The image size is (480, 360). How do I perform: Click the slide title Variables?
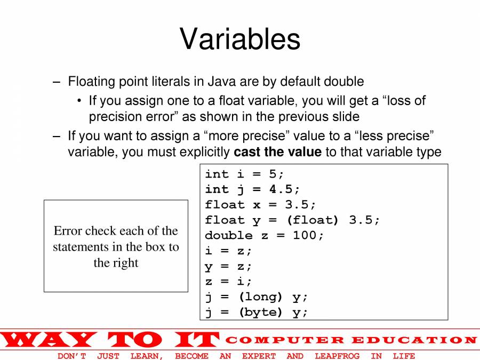(240, 38)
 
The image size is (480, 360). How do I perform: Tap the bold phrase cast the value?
(278, 151)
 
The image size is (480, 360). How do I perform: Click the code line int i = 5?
(244, 174)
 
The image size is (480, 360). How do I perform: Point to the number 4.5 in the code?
(281, 189)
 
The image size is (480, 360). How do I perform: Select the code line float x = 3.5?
(260, 204)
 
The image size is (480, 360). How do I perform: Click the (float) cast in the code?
(313, 220)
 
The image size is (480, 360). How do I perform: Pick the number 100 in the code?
(305, 235)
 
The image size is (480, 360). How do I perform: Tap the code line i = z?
(228, 251)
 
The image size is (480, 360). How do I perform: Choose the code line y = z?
(228, 266)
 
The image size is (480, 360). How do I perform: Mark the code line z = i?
(228, 281)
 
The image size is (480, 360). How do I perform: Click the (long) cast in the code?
(260, 297)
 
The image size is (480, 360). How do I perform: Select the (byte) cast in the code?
(260, 312)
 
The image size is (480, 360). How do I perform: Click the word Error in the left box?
(68, 230)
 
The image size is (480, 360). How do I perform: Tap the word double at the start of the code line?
(229, 235)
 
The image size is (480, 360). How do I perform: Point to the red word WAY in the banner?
(49, 340)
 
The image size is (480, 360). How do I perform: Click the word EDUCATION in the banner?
(414, 340)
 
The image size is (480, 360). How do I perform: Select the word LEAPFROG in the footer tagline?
(337, 356)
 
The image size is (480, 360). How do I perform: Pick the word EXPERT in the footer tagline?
(259, 356)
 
